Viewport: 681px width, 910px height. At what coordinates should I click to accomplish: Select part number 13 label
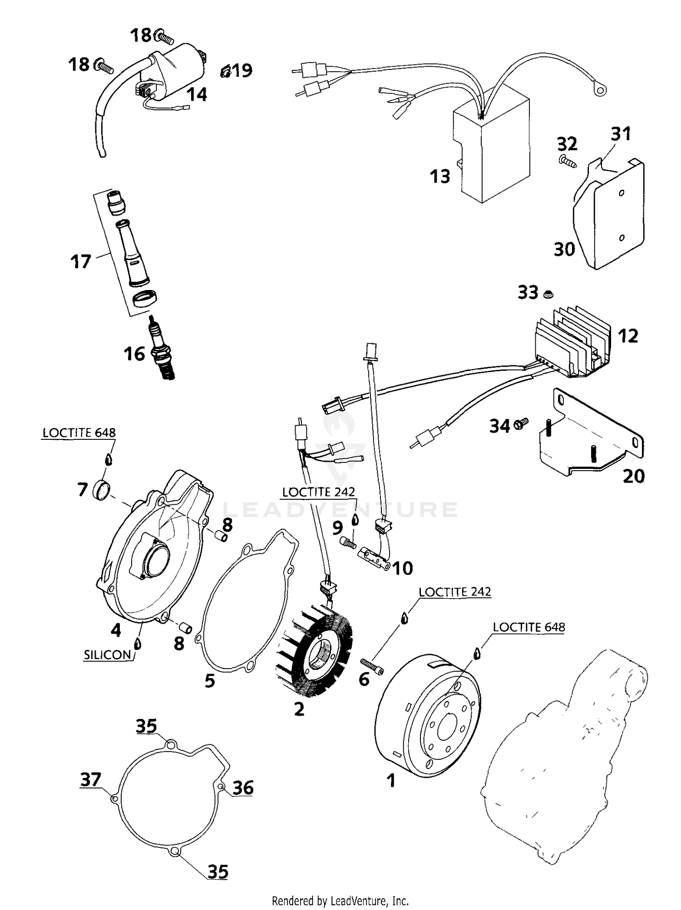[x=439, y=177]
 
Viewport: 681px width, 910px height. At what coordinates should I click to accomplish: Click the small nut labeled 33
[x=548, y=295]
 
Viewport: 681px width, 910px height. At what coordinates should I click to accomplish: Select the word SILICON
[x=108, y=654]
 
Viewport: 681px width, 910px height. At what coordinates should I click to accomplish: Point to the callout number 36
[x=242, y=788]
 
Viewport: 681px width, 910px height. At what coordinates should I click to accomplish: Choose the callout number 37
[x=90, y=780]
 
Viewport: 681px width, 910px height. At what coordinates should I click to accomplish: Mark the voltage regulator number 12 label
[x=627, y=336]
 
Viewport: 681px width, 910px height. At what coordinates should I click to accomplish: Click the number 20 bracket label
[x=633, y=476]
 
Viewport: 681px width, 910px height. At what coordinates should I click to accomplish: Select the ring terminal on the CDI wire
[x=601, y=91]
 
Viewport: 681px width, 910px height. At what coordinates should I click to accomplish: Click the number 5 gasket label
[x=209, y=681]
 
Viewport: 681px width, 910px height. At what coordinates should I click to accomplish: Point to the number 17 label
[x=80, y=262]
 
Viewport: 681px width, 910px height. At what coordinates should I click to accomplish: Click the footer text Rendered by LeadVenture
[x=340, y=900]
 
